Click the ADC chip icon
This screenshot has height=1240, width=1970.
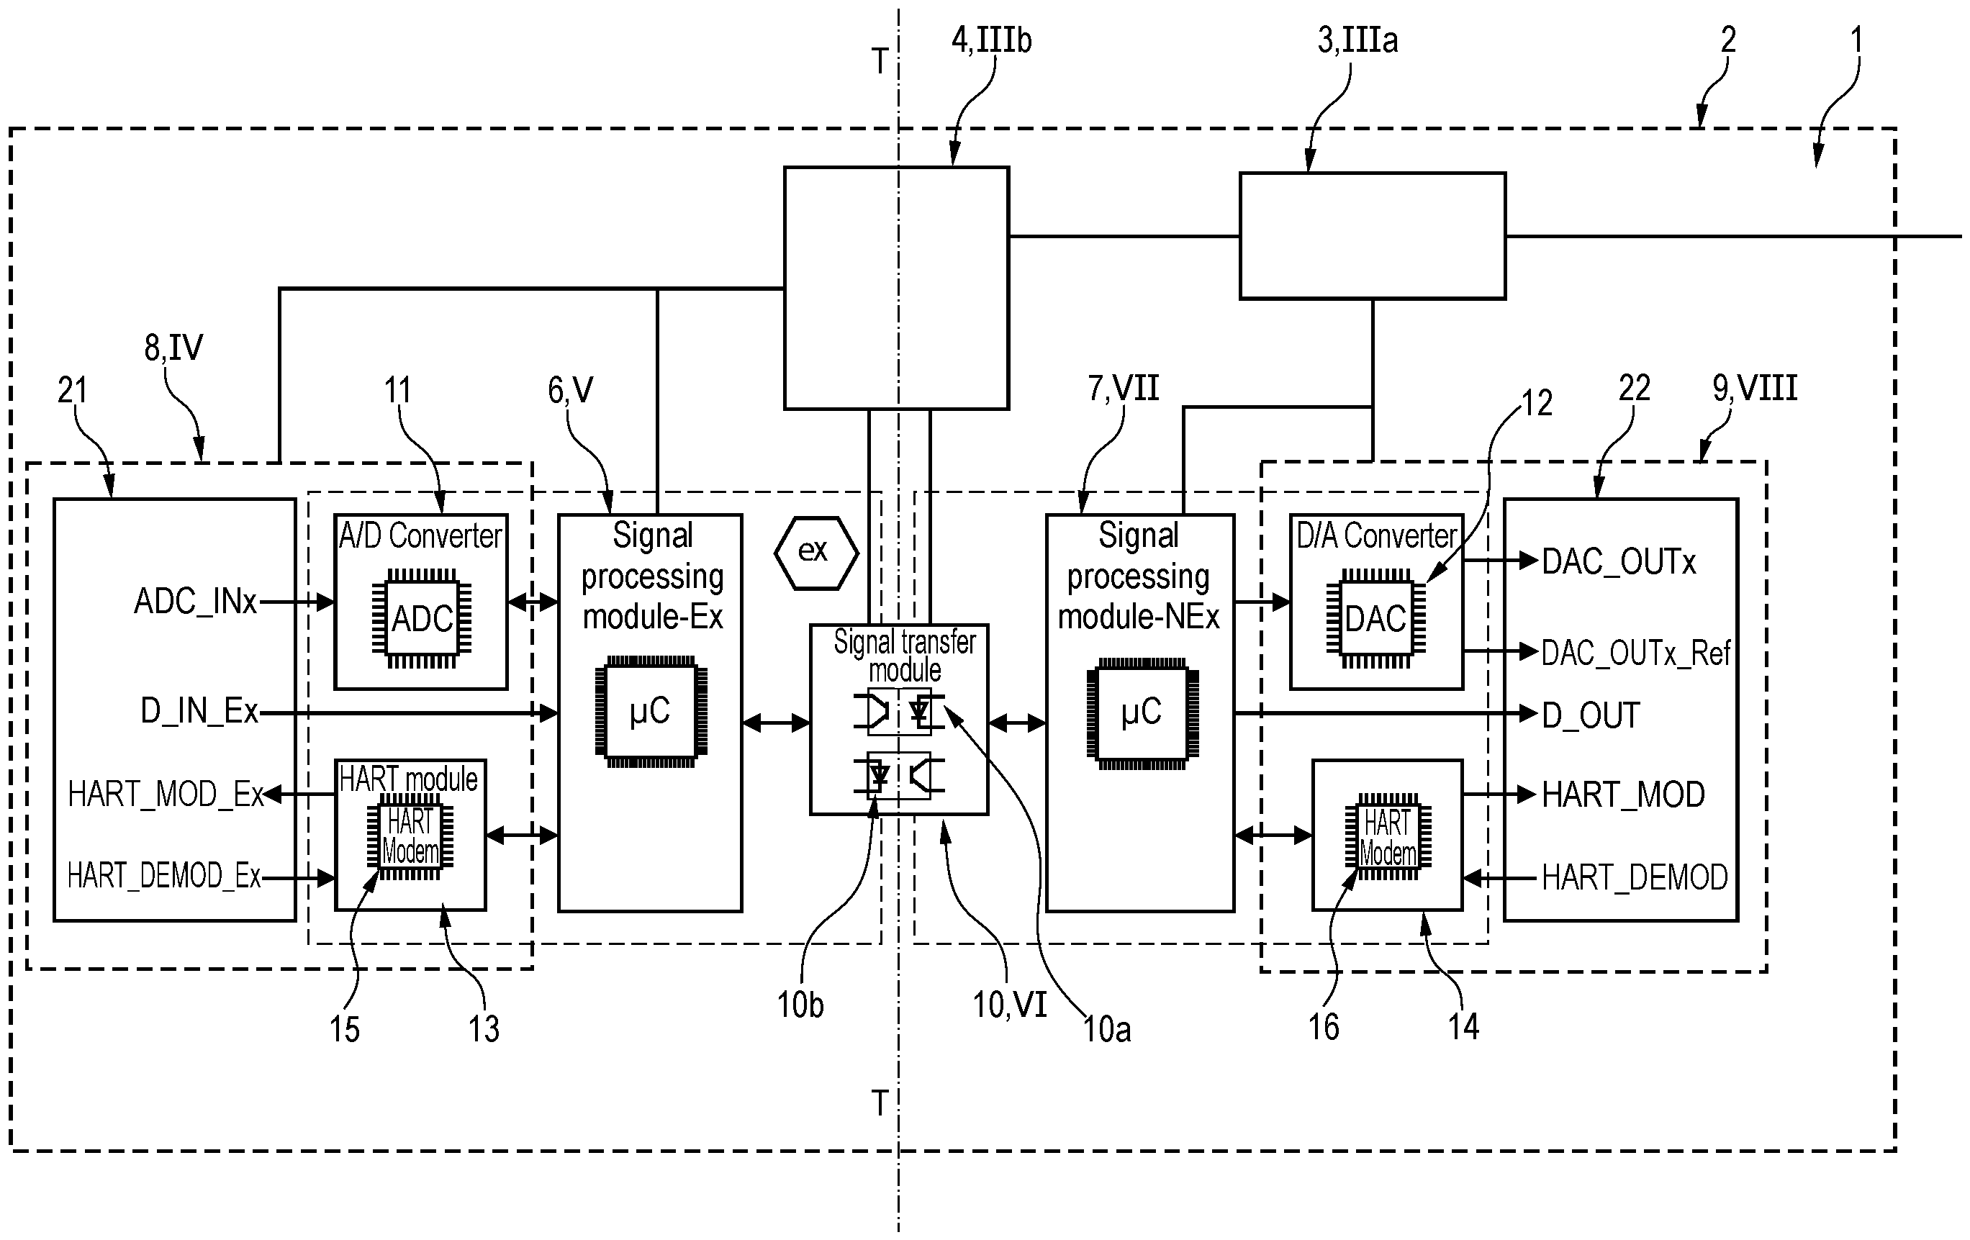pos(421,618)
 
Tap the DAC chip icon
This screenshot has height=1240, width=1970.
pos(1376,618)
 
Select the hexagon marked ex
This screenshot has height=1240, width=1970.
pos(815,552)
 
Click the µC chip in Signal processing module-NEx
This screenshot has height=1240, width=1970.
pos(1142,711)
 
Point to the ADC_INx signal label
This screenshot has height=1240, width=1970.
pos(196,602)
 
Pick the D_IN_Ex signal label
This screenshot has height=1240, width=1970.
pos(199,712)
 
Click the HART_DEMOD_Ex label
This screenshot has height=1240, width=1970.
pos(163,877)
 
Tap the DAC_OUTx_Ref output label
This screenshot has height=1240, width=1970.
pos(1635,653)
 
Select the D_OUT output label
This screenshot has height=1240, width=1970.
pos(1591,715)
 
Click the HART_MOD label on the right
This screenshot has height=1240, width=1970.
pos(1622,795)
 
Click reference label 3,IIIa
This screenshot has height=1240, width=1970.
pos(1357,40)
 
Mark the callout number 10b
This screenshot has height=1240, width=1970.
pos(800,1005)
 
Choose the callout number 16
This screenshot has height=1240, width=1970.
pos(1323,1026)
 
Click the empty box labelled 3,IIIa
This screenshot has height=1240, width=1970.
pos(1372,235)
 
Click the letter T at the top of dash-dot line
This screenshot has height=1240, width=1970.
pos(880,61)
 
